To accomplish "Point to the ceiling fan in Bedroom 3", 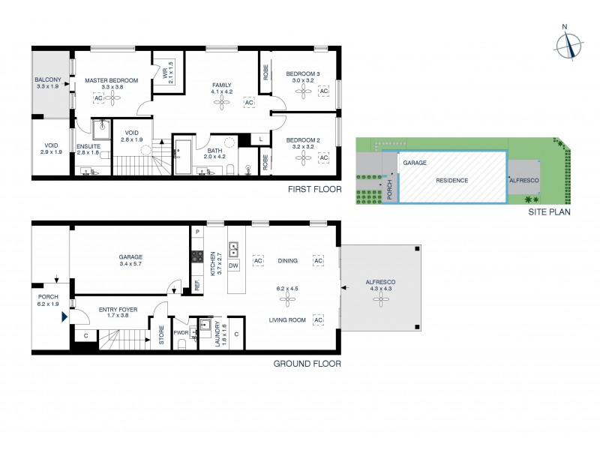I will (x=303, y=91).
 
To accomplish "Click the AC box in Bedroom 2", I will (x=324, y=158).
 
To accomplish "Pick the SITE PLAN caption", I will (x=550, y=211).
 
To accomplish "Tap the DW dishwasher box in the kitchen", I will (x=233, y=265).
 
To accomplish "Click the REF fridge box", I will (x=197, y=285).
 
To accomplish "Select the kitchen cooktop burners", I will (x=197, y=256).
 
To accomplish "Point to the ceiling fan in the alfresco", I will (x=381, y=298).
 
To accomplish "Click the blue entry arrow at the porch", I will (x=64, y=318).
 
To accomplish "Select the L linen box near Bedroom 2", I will (x=260, y=139).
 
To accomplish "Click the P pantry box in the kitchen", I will (x=197, y=232).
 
